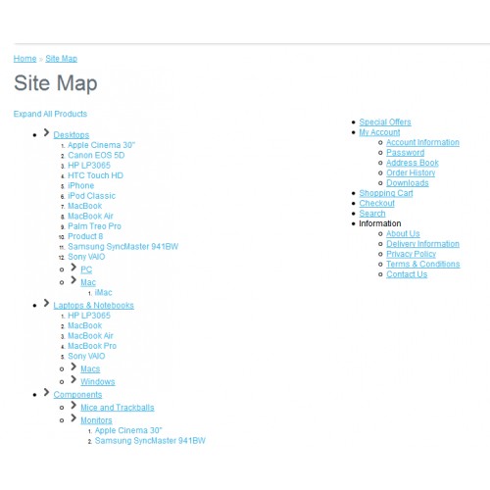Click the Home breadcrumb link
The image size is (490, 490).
coord(24,59)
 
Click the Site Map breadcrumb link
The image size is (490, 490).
coord(62,59)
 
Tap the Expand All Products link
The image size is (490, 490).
coord(50,114)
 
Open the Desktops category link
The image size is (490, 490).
coord(72,134)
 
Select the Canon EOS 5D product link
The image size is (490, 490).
coord(96,155)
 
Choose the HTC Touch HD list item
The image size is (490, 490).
coord(95,175)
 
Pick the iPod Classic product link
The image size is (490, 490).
coord(91,196)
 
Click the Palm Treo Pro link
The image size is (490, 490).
coord(94,226)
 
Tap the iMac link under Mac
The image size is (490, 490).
coord(103,292)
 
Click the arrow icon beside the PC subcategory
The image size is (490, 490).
coord(73,268)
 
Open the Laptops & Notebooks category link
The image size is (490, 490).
coord(94,305)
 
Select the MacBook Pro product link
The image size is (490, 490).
coord(92,346)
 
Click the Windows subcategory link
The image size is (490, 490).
coord(98,381)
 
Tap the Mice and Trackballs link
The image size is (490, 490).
coord(118,408)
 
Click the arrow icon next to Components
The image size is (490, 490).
coord(47,392)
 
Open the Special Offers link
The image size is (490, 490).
coord(385,122)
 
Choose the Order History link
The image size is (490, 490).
coord(411,172)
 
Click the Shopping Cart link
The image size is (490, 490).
coord(386,193)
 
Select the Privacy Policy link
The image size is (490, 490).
coord(412,254)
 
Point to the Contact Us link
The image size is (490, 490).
coord(407,274)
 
